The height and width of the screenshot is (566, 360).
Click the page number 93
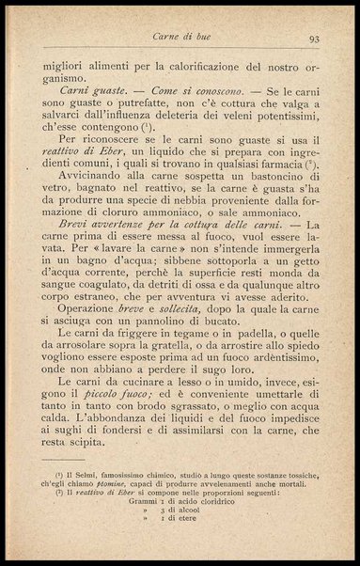click(x=314, y=39)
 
